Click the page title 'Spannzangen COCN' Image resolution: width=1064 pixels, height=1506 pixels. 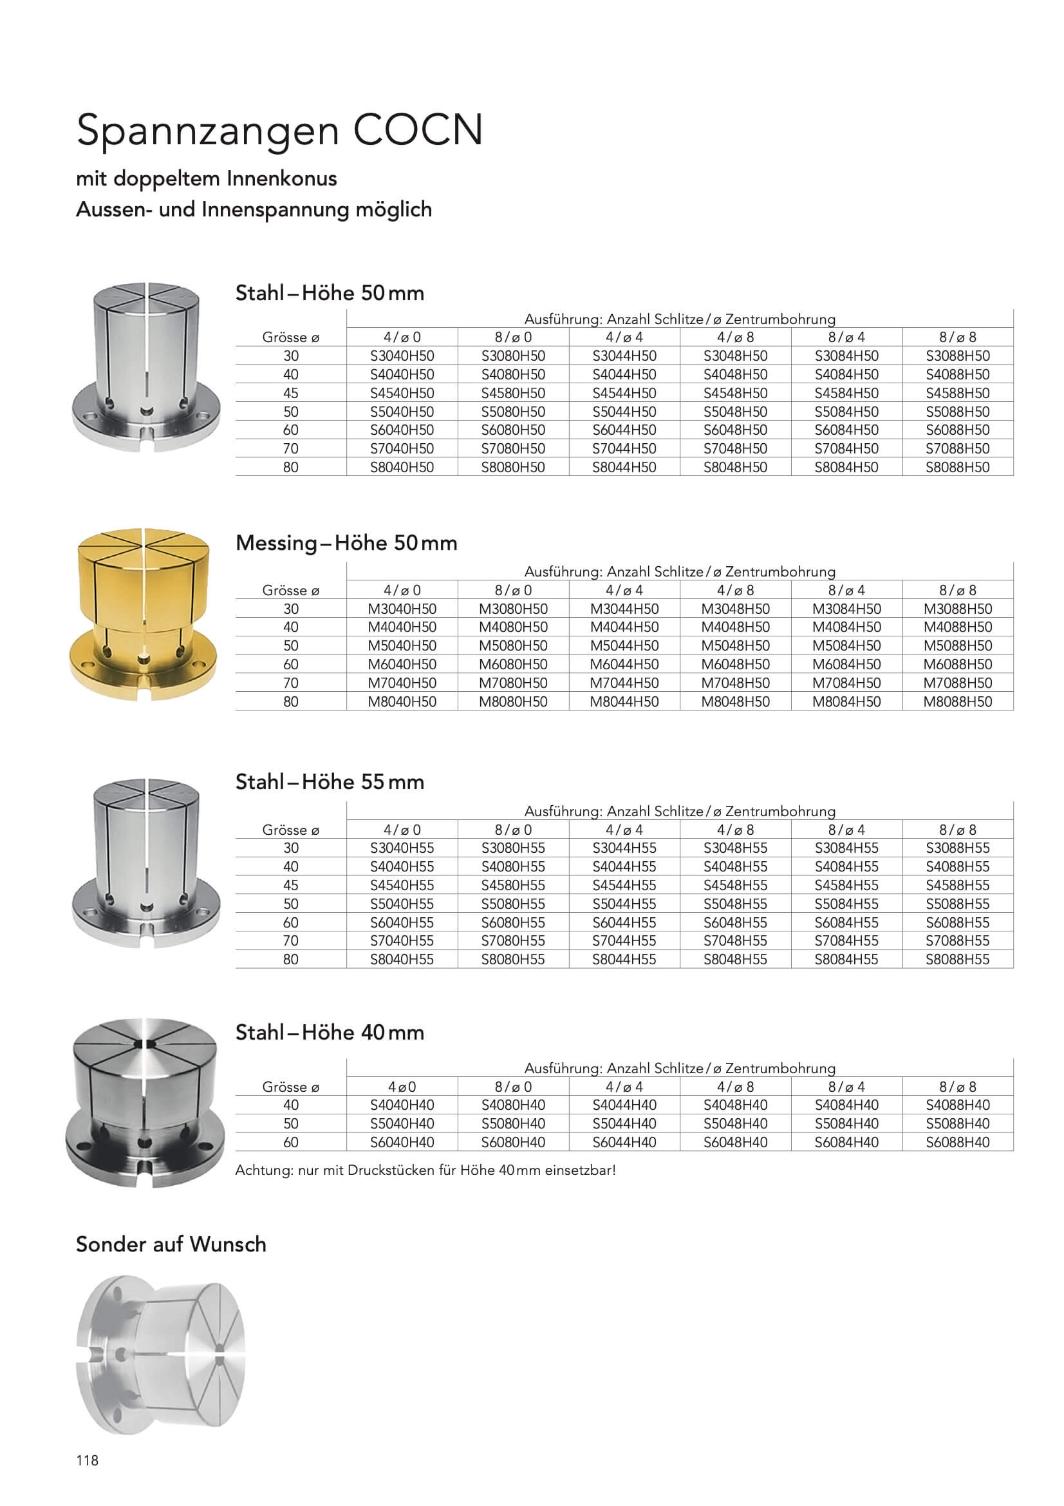(x=280, y=130)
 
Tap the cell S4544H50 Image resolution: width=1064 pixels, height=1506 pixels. (x=624, y=393)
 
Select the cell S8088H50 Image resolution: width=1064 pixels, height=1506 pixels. (x=957, y=467)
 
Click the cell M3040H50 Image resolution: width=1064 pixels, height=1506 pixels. (x=402, y=609)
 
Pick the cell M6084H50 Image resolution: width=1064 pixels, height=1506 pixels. (x=846, y=664)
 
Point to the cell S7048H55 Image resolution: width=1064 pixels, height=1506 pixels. (x=735, y=940)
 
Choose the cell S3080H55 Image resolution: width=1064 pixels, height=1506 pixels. (x=512, y=848)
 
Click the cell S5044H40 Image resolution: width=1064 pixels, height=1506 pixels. (x=624, y=1123)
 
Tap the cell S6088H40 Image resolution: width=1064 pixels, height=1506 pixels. (x=957, y=1142)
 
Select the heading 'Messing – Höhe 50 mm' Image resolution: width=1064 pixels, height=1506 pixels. (x=346, y=543)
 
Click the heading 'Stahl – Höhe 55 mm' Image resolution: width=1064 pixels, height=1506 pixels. (x=330, y=782)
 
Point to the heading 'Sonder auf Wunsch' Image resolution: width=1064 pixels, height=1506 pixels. (x=171, y=1244)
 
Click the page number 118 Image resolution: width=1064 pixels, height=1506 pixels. (x=87, y=1460)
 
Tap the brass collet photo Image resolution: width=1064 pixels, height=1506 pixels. (x=143, y=614)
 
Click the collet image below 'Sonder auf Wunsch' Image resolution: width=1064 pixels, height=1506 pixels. (x=161, y=1355)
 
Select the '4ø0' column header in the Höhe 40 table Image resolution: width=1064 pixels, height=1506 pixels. (x=402, y=1087)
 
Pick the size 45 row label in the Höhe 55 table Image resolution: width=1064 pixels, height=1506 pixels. (x=290, y=885)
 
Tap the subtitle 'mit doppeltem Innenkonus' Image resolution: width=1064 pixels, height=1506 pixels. (x=207, y=178)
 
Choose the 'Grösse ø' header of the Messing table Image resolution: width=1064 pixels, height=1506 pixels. (x=290, y=590)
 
